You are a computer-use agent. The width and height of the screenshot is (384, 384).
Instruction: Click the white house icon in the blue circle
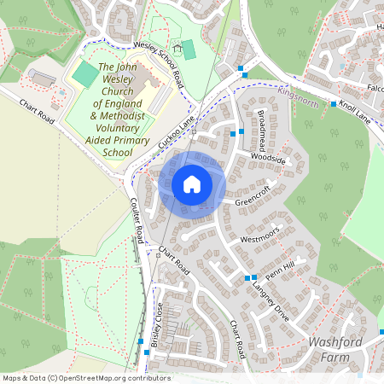[x=192, y=183]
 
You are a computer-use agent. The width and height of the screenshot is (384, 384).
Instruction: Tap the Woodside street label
[x=268, y=158]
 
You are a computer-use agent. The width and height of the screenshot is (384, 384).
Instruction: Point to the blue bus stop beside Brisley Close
[x=142, y=341]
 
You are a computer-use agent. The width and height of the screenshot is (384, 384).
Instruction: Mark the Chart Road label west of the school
[x=38, y=111]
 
